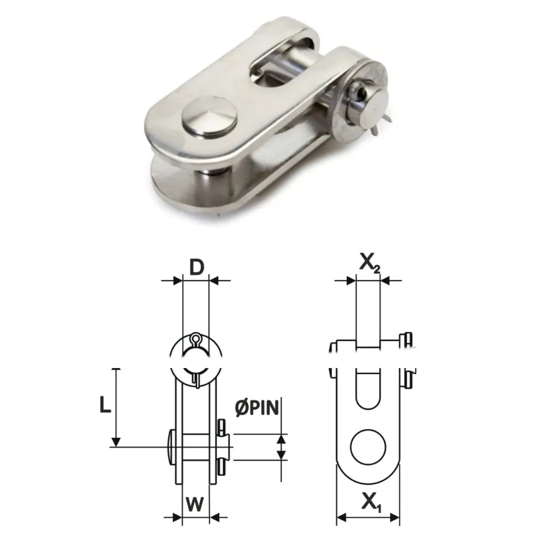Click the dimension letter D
click(x=196, y=267)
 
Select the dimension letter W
click(x=195, y=504)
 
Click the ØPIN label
click(x=257, y=408)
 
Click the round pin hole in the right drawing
click(x=368, y=447)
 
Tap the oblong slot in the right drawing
click(x=368, y=391)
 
